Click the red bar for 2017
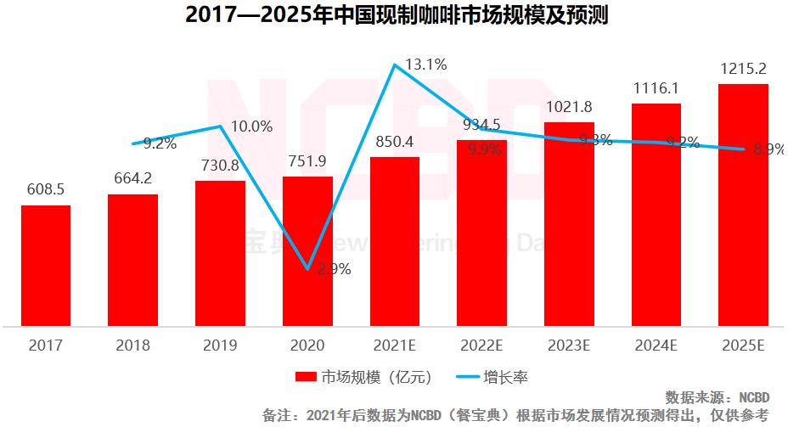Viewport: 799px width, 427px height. click(x=46, y=265)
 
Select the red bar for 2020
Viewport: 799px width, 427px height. click(x=307, y=250)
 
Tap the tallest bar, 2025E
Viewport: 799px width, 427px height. click(x=743, y=204)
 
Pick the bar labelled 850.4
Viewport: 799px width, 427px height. click(x=395, y=241)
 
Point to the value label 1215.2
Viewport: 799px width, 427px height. click(x=743, y=69)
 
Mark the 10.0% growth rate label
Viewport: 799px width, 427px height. click(x=251, y=126)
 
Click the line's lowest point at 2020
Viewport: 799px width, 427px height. click(x=307, y=270)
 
